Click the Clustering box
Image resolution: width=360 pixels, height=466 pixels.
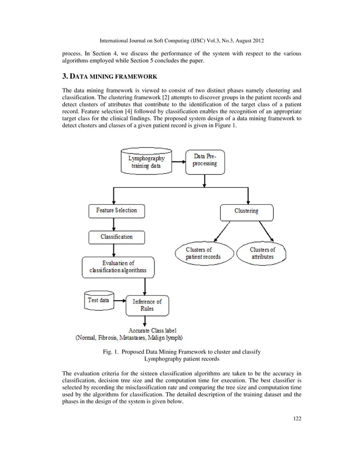click(246, 212)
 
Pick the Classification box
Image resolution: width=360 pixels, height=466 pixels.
click(116, 237)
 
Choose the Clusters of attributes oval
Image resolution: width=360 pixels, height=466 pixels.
click(262, 253)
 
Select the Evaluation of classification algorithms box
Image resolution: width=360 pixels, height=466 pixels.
click(118, 267)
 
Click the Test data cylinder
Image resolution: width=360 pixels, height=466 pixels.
click(98, 301)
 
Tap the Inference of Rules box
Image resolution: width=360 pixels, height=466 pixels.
click(147, 305)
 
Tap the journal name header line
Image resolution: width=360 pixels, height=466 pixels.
click(180, 40)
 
